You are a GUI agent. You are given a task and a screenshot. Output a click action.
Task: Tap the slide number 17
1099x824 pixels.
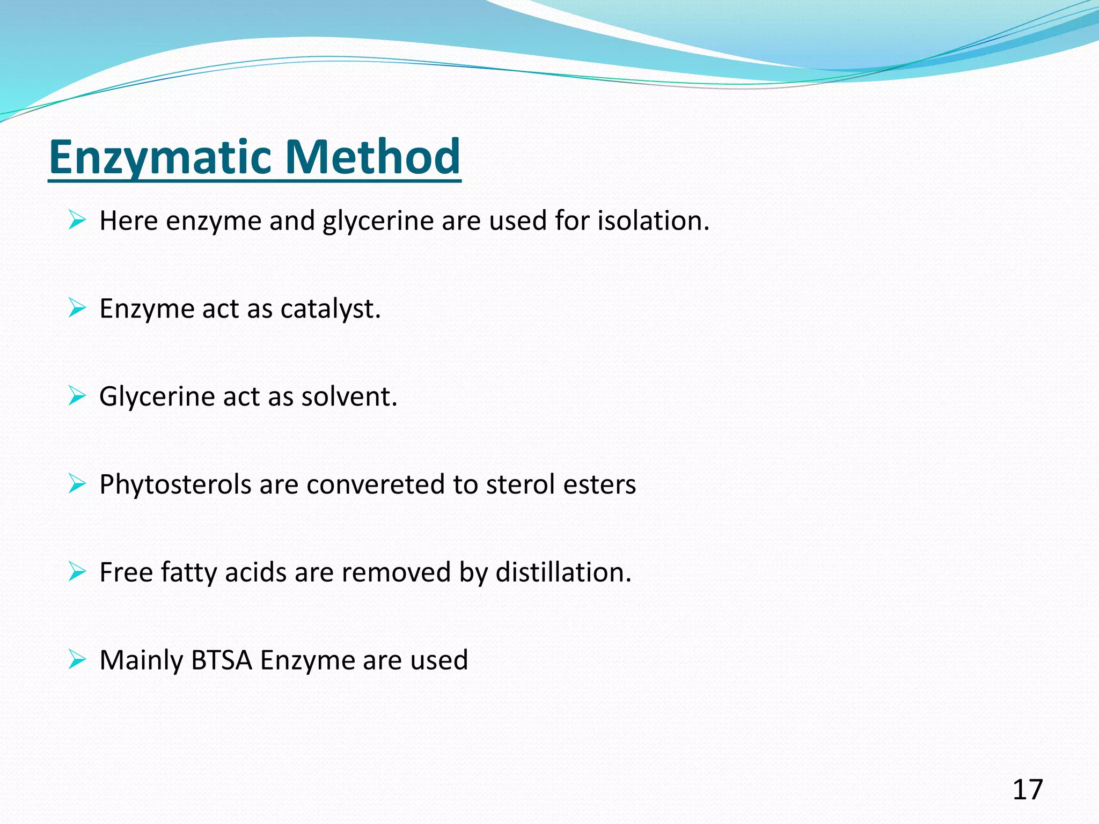click(1027, 790)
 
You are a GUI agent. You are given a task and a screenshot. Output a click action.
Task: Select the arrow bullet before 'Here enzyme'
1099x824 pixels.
click(77, 220)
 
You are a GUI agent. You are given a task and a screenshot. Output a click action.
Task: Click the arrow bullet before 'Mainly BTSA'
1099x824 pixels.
click(77, 659)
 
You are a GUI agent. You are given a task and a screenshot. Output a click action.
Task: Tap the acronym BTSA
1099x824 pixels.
click(221, 660)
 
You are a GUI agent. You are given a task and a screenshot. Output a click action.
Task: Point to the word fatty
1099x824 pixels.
click(188, 572)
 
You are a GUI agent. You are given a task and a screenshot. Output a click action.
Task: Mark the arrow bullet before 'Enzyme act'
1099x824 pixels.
click(77, 308)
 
